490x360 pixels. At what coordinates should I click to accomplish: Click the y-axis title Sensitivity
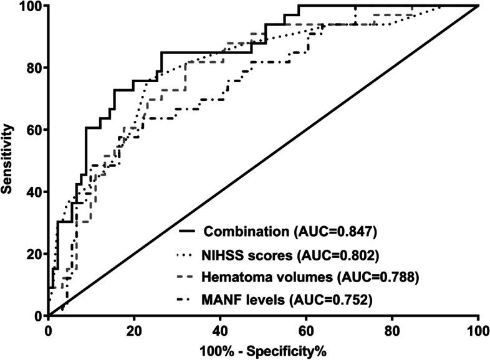pos(8,159)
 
